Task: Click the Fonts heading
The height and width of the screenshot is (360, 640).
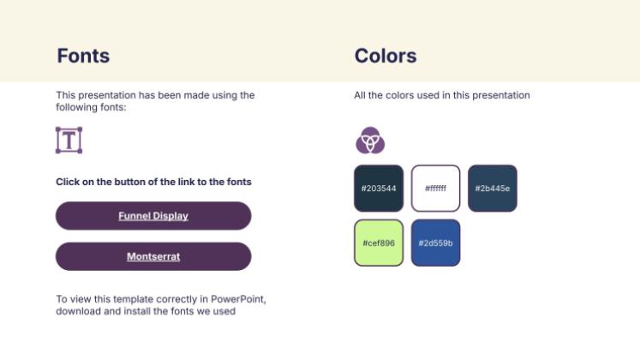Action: click(83, 56)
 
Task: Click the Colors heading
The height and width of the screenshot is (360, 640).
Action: click(386, 56)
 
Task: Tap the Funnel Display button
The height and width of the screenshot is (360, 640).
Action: click(153, 215)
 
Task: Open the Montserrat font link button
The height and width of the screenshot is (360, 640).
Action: click(153, 256)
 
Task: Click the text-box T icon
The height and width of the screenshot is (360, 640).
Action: click(69, 140)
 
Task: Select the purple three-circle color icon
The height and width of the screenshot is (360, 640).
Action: click(370, 140)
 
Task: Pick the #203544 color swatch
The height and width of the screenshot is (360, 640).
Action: click(379, 189)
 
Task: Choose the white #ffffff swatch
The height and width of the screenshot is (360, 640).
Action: click(435, 189)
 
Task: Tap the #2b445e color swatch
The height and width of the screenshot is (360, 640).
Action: click(493, 189)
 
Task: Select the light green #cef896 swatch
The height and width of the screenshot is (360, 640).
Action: click(379, 243)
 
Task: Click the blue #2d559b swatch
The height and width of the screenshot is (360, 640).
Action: click(435, 243)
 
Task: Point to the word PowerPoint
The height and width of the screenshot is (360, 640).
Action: click(238, 299)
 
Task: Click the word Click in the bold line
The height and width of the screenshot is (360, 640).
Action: click(68, 182)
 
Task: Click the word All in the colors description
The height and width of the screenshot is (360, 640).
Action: click(360, 95)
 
